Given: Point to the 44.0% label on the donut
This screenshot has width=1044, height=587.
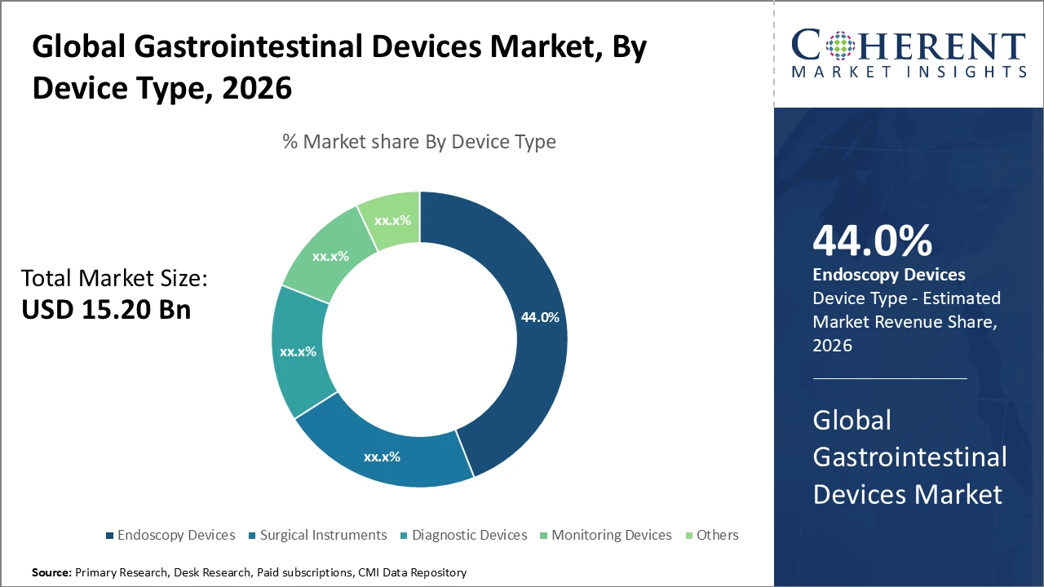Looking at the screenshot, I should point(539,317).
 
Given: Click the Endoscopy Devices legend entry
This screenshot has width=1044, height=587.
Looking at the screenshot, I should point(175,535).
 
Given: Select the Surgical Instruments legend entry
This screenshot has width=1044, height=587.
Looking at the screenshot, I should point(323,535).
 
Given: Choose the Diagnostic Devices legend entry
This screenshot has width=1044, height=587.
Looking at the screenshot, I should point(469,535).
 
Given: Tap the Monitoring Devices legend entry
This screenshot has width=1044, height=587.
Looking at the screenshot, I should point(611,535).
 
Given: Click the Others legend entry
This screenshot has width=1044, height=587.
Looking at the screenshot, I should point(717,535).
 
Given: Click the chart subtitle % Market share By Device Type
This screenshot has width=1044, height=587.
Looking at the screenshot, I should point(419,142).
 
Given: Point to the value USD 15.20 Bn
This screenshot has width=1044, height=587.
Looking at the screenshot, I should point(106,309).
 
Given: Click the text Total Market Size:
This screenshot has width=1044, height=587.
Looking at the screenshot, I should point(114,279).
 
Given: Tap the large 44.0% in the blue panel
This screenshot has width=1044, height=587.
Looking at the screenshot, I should point(872,241).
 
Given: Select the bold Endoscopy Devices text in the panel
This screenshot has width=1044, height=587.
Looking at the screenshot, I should point(889,275).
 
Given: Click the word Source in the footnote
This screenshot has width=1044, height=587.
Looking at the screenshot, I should point(51,573).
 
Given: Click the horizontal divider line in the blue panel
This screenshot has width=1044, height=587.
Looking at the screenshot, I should point(889,378).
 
